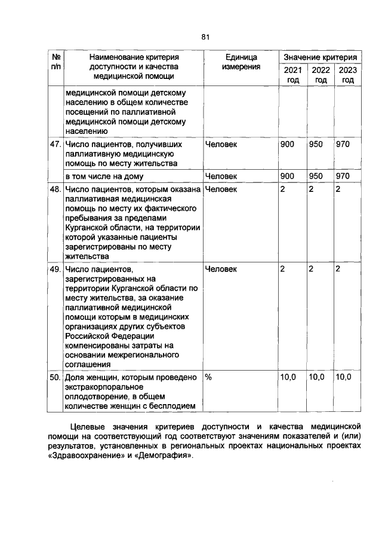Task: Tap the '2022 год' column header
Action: click(x=321, y=75)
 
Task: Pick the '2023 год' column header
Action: click(x=348, y=75)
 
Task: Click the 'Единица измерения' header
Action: click(x=241, y=62)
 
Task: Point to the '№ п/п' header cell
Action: click(x=56, y=62)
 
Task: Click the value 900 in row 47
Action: click(x=287, y=144)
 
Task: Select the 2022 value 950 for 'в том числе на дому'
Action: click(x=316, y=176)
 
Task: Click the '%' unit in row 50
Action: click(x=208, y=377)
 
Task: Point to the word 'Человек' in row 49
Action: click(x=221, y=269)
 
